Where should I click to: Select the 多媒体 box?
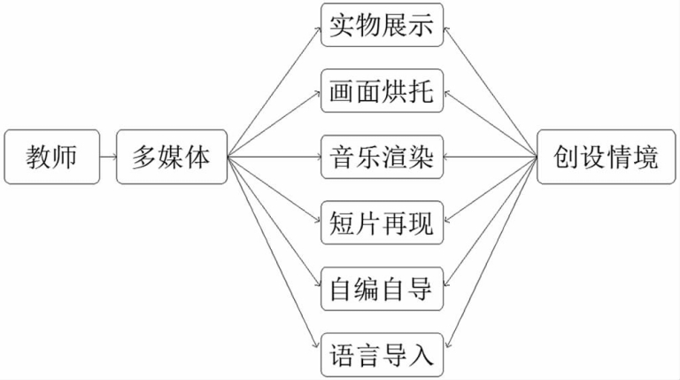click(x=172, y=159)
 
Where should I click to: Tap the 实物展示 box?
click(x=382, y=26)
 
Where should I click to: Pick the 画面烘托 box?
click(x=382, y=92)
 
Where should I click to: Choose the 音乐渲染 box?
click(x=382, y=159)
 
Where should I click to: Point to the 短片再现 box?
click(x=382, y=224)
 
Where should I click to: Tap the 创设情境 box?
click(x=607, y=159)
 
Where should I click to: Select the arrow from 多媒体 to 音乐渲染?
click(x=274, y=159)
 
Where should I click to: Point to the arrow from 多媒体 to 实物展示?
click(x=274, y=93)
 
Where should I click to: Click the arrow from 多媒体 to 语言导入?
click(x=274, y=255)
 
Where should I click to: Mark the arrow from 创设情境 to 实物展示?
click(x=490, y=93)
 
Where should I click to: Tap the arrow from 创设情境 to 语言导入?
click(x=490, y=255)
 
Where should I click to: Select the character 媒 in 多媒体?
click(x=172, y=159)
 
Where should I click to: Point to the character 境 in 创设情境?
click(x=646, y=159)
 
